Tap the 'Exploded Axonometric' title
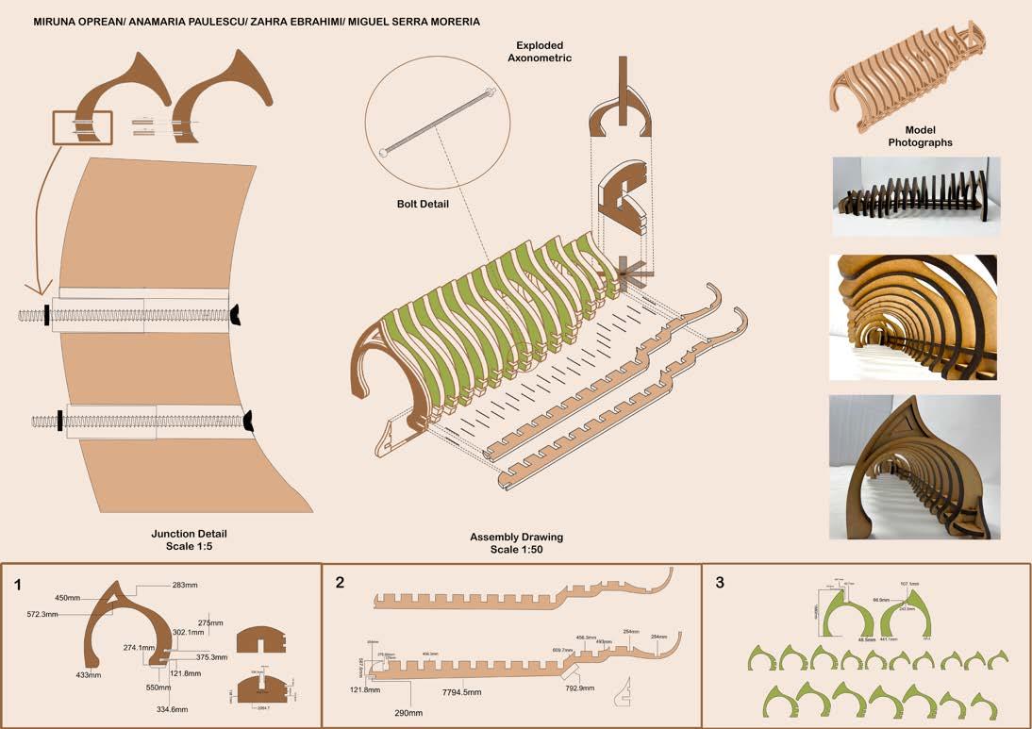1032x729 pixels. tap(543, 51)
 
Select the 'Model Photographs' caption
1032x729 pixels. tap(920, 137)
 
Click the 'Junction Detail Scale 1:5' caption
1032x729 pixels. tap(189, 540)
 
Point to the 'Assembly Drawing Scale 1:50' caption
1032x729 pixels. tap(516, 543)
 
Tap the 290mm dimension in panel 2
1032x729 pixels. tap(408, 712)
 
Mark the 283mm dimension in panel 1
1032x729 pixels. tap(185, 586)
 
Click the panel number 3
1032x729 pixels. tap(720, 583)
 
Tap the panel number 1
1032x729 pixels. tap(18, 585)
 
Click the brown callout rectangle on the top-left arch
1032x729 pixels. tap(82, 127)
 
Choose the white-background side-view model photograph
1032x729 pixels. tap(915, 196)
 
